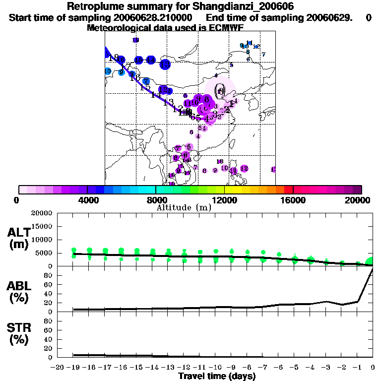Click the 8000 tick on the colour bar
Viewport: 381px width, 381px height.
point(156,200)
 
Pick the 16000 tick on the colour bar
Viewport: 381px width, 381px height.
point(294,200)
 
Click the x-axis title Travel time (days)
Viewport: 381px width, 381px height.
point(217,377)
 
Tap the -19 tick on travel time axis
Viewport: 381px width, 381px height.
point(74,368)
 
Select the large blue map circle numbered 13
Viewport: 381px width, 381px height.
point(165,64)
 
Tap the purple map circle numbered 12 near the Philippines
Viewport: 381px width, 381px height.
point(244,169)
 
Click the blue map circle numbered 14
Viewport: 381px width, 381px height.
point(150,60)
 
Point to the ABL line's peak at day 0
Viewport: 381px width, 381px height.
point(373,269)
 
